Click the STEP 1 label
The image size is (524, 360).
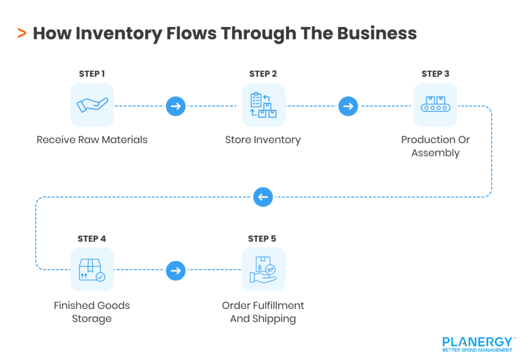coord(92,74)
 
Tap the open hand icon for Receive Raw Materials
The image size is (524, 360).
coord(92,105)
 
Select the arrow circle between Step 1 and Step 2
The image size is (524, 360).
coord(176,106)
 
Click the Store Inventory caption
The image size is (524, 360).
coord(263,140)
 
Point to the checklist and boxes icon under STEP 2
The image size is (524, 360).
coord(264,105)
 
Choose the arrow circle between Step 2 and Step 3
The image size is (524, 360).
coord(348,106)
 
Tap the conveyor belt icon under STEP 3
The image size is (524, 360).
coord(435,105)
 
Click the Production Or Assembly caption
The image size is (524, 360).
coord(435,146)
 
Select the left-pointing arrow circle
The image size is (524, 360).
coord(263,197)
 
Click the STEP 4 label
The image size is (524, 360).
coord(92,239)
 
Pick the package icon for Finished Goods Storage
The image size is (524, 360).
coord(92,269)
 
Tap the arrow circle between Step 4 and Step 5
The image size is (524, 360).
coord(176,270)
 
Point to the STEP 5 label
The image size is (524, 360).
coord(263,239)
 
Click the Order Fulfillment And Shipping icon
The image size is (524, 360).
coord(264,269)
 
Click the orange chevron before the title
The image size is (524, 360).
coord(21,34)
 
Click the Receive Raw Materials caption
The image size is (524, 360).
coord(92,140)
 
